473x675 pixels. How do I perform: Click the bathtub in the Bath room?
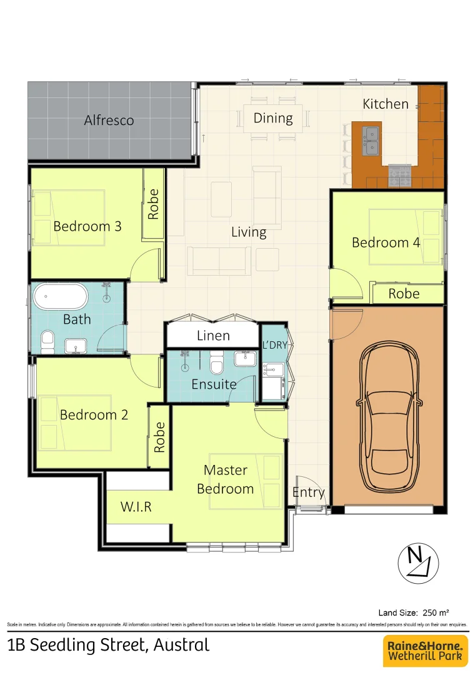pyautogui.click(x=60, y=297)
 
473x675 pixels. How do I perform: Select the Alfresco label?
pyautogui.click(x=109, y=120)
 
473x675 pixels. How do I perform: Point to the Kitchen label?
pyautogui.click(x=386, y=104)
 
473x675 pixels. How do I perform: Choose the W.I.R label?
pyautogui.click(x=136, y=507)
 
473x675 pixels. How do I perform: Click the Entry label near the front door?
pyautogui.click(x=309, y=492)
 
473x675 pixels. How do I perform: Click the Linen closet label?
pyautogui.click(x=213, y=336)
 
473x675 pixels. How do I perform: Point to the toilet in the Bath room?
pyautogui.click(x=47, y=341)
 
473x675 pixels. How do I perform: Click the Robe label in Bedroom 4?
pyautogui.click(x=404, y=293)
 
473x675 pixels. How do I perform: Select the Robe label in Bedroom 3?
pyautogui.click(x=154, y=204)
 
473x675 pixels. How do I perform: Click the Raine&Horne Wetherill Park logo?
pyautogui.click(x=425, y=651)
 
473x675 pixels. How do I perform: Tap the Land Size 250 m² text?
pyautogui.click(x=414, y=612)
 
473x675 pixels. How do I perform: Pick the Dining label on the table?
pyautogui.click(x=273, y=117)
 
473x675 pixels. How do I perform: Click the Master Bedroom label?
pyautogui.click(x=226, y=479)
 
